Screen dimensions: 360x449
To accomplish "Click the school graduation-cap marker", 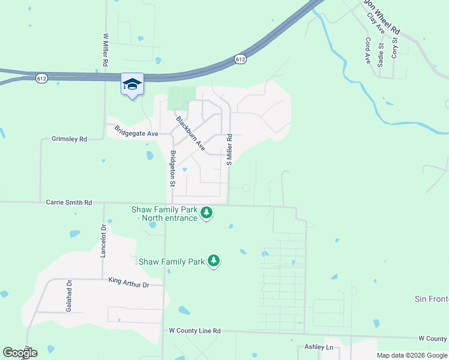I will point(132,85).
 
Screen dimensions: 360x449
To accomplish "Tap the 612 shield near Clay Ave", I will point(240,59).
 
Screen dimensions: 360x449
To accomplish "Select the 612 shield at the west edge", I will point(41,79).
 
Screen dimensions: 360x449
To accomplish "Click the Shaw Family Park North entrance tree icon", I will point(206,213).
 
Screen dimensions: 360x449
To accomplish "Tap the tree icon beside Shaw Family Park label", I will point(214,261).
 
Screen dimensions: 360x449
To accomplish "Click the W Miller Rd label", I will point(106,50).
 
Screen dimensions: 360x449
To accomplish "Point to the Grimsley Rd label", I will point(70,139).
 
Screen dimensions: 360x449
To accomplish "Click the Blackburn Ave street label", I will point(191,133).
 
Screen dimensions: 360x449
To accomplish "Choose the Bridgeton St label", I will point(173,169).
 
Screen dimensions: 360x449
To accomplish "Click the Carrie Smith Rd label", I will point(69,203).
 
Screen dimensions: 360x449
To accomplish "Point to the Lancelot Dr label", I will point(103,241).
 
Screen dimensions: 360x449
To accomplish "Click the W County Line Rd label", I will point(195,331).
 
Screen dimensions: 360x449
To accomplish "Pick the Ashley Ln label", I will point(319,347).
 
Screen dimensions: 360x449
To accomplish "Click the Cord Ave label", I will point(367,51).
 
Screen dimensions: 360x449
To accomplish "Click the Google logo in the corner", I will point(20,353).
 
